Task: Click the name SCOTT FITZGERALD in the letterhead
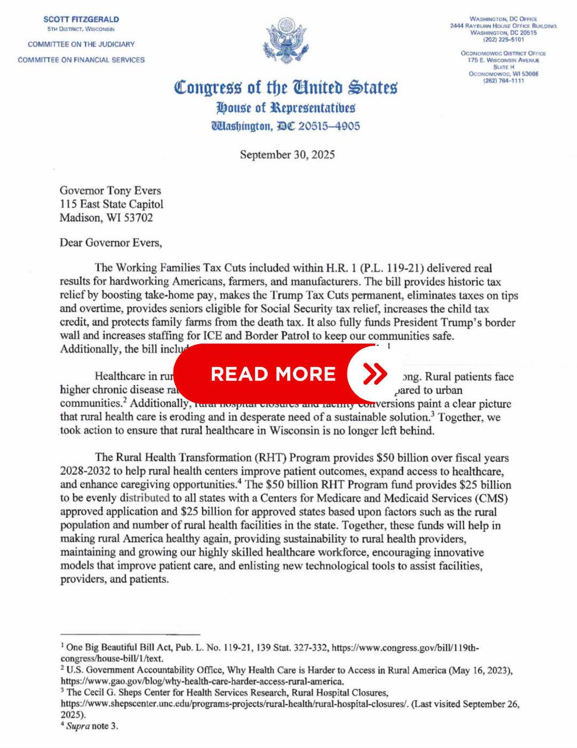click(x=81, y=19)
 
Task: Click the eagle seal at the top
click(x=286, y=41)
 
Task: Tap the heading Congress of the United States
click(x=286, y=87)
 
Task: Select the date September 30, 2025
click(x=287, y=155)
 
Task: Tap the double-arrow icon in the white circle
click(x=375, y=374)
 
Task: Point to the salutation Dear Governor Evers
click(x=110, y=243)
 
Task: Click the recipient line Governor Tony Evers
click(x=110, y=191)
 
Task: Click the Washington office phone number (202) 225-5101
click(x=503, y=40)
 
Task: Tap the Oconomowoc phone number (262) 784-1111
click(x=503, y=81)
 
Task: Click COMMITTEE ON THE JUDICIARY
click(x=81, y=44)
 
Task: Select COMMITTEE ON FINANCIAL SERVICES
click(x=81, y=60)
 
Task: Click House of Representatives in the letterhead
click(x=286, y=108)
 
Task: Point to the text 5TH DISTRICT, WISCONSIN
click(x=81, y=29)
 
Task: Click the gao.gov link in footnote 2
click(x=202, y=682)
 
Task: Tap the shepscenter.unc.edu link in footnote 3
click(x=234, y=704)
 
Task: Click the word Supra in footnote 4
click(x=78, y=726)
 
